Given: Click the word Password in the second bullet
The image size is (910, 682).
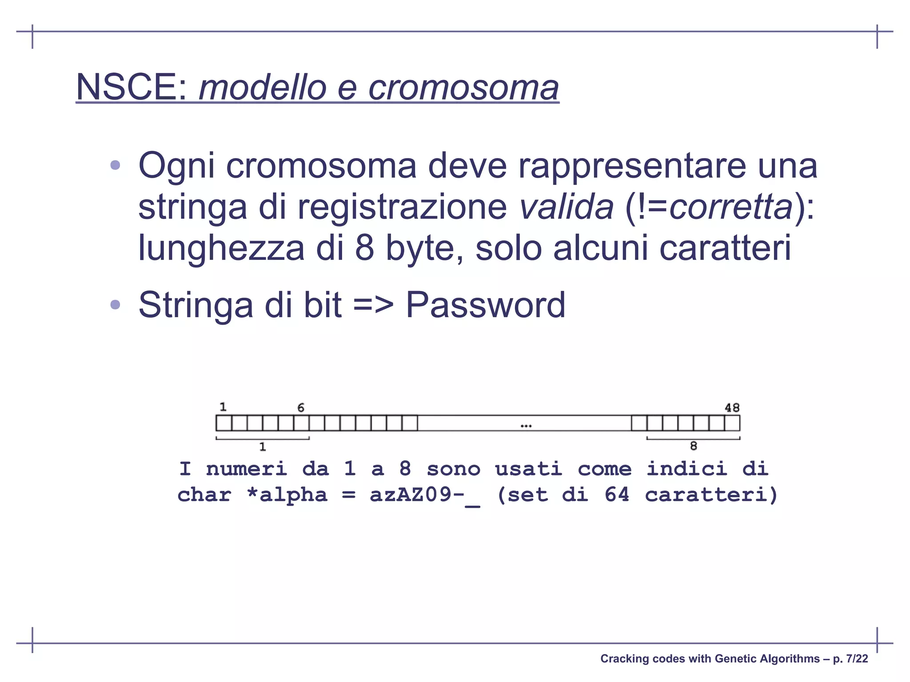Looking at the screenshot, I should click(x=485, y=305).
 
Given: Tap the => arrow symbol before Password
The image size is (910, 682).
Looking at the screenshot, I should click(x=373, y=305).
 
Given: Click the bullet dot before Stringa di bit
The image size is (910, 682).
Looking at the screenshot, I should click(x=115, y=305).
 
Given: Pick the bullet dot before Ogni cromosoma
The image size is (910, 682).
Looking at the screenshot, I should click(x=115, y=165).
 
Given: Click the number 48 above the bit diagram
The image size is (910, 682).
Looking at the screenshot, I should click(x=732, y=407).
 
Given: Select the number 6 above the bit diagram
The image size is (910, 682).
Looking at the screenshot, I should click(x=301, y=407).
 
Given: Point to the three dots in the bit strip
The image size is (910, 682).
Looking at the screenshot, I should click(x=526, y=426).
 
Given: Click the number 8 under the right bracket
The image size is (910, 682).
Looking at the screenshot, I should click(x=693, y=446).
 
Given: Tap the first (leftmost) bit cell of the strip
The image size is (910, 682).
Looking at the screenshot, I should click(x=224, y=423).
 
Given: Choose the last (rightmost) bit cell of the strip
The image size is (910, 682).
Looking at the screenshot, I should click(x=732, y=423).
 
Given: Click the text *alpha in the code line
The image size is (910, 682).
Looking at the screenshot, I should click(x=287, y=495).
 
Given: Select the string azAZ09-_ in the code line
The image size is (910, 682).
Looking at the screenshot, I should click(x=424, y=495).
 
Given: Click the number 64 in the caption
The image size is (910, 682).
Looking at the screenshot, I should click(x=617, y=495).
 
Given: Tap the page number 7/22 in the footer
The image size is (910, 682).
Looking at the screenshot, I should click(x=857, y=658).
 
